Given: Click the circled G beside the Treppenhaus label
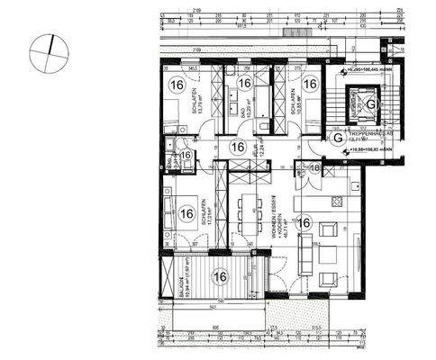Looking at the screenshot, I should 335,138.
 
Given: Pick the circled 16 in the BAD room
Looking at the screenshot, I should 244,84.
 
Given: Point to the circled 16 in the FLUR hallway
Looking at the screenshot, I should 238,147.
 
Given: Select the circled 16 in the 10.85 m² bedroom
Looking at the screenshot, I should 310,84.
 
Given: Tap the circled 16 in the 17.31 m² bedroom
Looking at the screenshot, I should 186,213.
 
